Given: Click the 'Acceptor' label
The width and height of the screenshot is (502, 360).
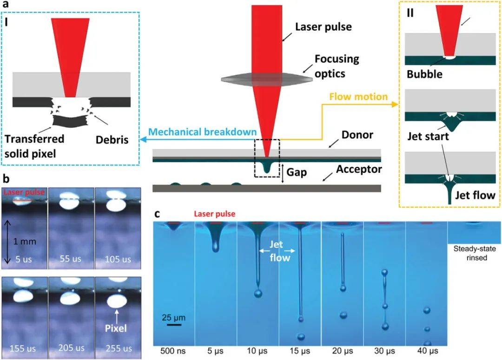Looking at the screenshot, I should click(x=360, y=169).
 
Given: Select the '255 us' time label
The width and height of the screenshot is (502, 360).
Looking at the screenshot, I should click(x=117, y=347).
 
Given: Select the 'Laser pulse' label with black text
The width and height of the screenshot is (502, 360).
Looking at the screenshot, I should click(x=324, y=26).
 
